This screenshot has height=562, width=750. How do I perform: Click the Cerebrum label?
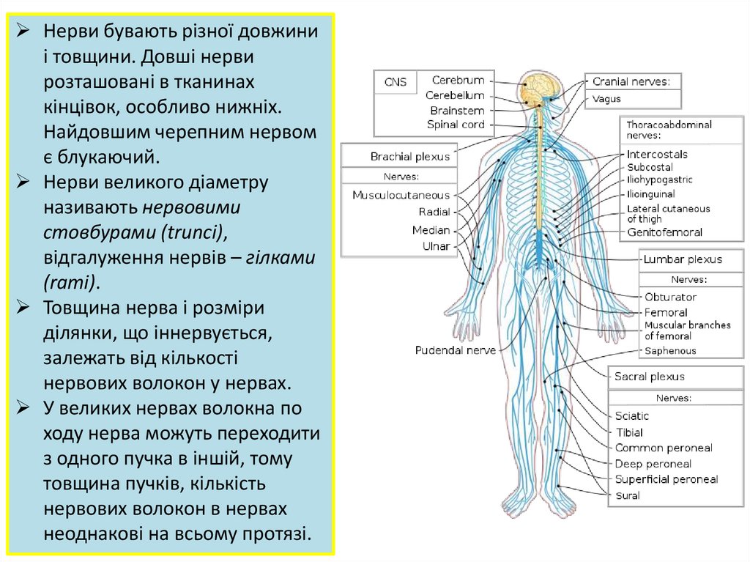pyautogui.click(x=458, y=81)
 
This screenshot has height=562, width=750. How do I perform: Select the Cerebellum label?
pyautogui.click(x=455, y=95)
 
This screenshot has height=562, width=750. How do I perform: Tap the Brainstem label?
pyautogui.click(x=457, y=111)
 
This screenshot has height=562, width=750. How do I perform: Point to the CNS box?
pyautogui.click(x=396, y=82)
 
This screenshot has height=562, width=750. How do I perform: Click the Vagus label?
pyautogui.click(x=606, y=99)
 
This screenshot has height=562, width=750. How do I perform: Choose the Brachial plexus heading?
pyautogui.click(x=409, y=157)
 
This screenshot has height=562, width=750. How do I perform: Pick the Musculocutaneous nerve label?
pyautogui.click(x=401, y=196)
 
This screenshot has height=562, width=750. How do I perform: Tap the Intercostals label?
pyautogui.click(x=657, y=155)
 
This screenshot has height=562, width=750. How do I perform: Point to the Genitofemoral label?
pyautogui.click(x=664, y=233)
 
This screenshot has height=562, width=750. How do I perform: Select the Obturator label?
pyautogui.click(x=670, y=297)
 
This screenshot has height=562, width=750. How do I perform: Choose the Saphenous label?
pyautogui.click(x=670, y=351)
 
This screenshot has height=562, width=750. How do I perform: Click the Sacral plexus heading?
pyautogui.click(x=649, y=377)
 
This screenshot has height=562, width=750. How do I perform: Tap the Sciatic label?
pyautogui.click(x=631, y=416)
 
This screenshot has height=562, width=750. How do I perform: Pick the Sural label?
pyautogui.click(x=627, y=496)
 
